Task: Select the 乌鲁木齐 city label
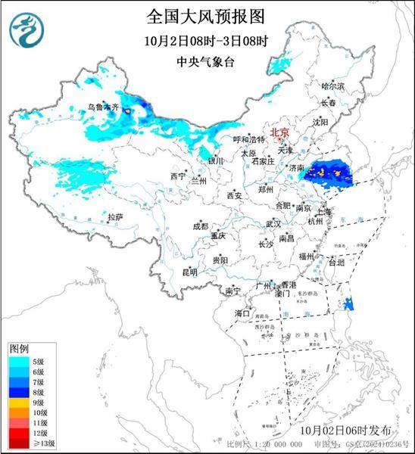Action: pos(103,109)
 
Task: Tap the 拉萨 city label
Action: pos(114,217)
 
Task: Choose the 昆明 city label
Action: pos(189,272)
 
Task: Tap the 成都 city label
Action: pos(200,225)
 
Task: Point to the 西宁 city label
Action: pos(178,176)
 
